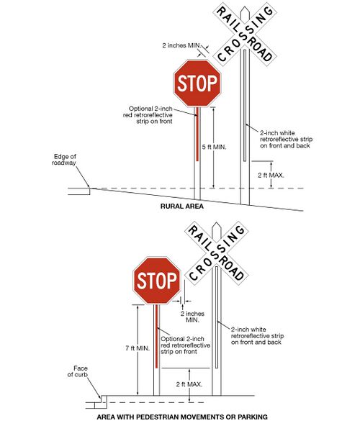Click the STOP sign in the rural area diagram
coord(197,83)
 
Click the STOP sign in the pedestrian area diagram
coord(156,280)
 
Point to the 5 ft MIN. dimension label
coord(214,147)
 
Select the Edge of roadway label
coord(66,160)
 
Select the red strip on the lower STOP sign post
coord(156,342)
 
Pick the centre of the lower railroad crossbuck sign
coord(215,253)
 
